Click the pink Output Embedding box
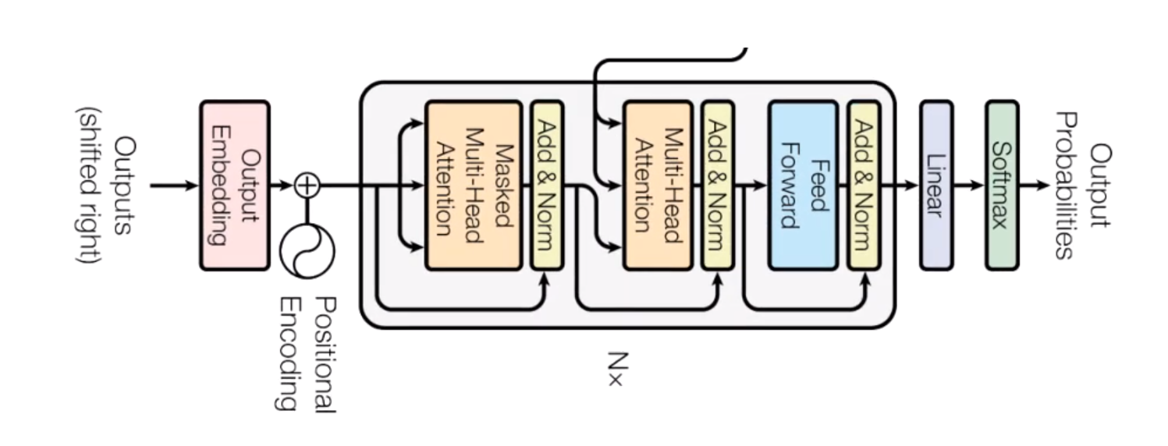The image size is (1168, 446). pyautogui.click(x=234, y=186)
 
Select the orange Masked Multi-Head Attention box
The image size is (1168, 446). pyautogui.click(x=473, y=186)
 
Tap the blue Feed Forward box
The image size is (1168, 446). pyautogui.click(x=803, y=186)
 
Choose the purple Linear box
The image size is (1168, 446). pyautogui.click(x=935, y=186)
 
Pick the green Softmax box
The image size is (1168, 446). pyautogui.click(x=1001, y=186)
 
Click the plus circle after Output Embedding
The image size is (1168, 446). pyautogui.click(x=307, y=186)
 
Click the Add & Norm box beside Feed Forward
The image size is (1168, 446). pyautogui.click(x=864, y=186)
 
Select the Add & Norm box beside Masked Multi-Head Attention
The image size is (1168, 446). pyautogui.click(x=546, y=186)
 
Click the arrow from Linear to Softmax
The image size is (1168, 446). pyautogui.click(x=968, y=186)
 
